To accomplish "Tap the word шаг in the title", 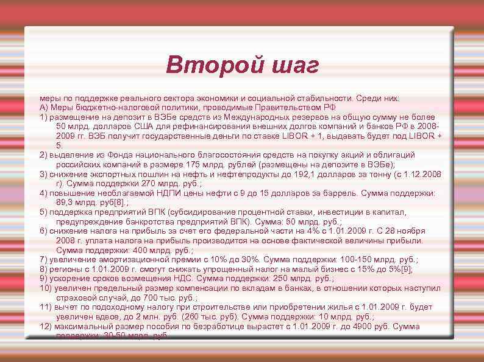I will (x=293, y=64).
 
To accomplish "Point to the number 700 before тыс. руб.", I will (x=150, y=298).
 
